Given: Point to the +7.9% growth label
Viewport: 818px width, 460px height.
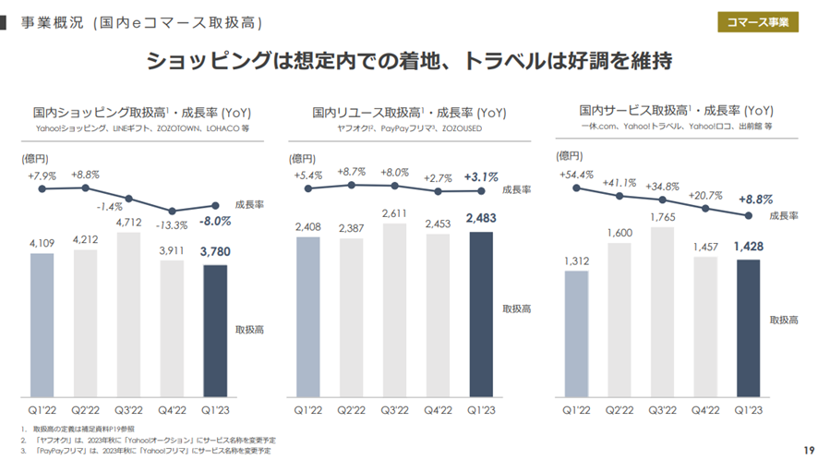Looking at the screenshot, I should [x=42, y=176].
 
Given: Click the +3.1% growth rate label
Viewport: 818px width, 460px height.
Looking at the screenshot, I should [x=481, y=176].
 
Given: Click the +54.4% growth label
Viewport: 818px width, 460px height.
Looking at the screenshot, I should [x=576, y=175].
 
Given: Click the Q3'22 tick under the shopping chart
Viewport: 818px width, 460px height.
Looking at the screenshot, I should [x=128, y=408].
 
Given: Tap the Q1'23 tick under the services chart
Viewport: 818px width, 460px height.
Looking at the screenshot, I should [x=749, y=408].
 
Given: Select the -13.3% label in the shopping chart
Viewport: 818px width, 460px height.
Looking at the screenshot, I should [x=172, y=224].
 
